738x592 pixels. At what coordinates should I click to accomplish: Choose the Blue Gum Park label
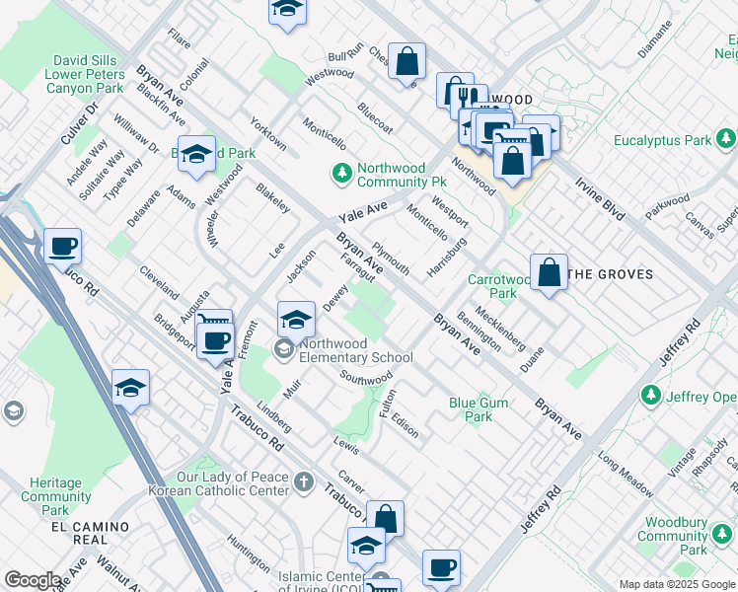(x=471, y=409)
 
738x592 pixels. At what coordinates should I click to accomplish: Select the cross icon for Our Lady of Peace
(x=305, y=482)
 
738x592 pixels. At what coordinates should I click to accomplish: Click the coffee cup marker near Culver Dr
(x=62, y=246)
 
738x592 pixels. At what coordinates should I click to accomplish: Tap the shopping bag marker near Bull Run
(x=406, y=61)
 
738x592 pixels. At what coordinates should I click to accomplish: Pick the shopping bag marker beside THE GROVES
(x=549, y=271)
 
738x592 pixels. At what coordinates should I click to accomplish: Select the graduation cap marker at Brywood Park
(x=197, y=154)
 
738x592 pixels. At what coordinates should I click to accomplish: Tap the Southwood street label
(x=366, y=378)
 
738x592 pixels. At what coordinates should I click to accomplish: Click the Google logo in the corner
(x=33, y=580)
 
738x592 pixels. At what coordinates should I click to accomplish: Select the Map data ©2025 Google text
(x=676, y=584)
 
